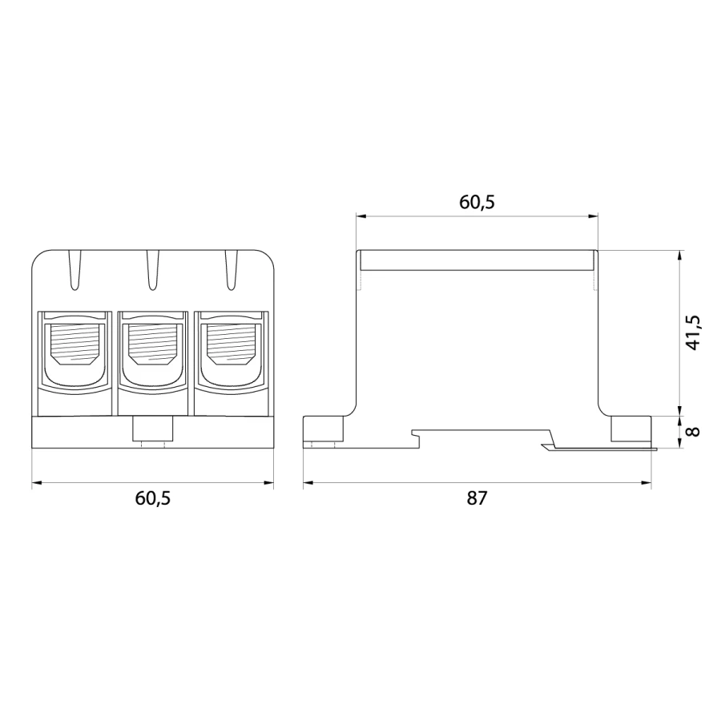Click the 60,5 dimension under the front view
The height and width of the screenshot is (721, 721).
[153, 498]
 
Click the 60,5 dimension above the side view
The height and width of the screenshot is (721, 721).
[477, 203]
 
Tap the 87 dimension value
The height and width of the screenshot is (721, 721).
[477, 498]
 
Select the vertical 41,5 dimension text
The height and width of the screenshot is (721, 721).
[692, 332]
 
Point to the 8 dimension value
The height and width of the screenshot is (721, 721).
[693, 431]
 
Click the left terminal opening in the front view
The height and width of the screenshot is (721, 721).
[75, 350]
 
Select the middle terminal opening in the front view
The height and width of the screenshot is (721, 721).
[153, 350]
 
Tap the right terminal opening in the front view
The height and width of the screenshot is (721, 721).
[231, 350]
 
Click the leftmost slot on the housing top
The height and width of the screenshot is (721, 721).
[75, 271]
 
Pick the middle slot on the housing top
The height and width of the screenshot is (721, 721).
[153, 271]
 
